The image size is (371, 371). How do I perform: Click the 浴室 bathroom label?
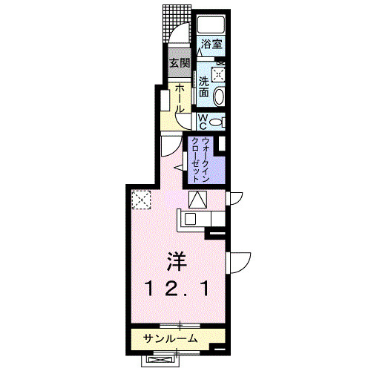(x=211, y=45)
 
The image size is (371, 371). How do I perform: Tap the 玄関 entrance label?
(x=180, y=63)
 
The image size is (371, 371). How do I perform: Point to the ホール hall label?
(x=180, y=98)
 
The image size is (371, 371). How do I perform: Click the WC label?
(x=203, y=122)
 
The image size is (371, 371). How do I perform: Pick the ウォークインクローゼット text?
(x=201, y=160)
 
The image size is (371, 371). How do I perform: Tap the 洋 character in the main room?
(x=177, y=262)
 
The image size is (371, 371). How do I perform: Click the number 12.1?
(x=177, y=289)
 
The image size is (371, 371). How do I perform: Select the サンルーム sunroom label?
(x=171, y=338)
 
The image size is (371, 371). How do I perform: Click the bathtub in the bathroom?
(x=211, y=24)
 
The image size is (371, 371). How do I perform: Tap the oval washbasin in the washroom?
(x=219, y=96)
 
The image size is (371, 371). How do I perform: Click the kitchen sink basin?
(x=191, y=219)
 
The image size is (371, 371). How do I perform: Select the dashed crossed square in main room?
(x=141, y=200)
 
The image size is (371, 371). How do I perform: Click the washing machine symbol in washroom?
(x=219, y=73)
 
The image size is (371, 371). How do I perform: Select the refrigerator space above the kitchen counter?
(x=197, y=200)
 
